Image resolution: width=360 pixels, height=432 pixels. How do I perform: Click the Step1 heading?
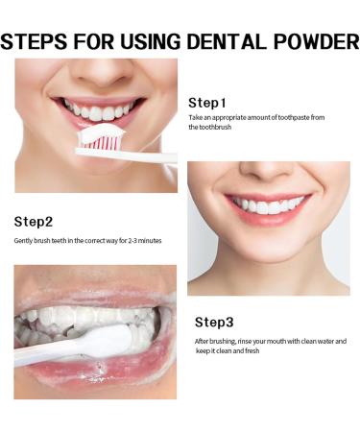[x=207, y=103]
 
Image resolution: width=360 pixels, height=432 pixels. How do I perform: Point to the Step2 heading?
[x=34, y=222]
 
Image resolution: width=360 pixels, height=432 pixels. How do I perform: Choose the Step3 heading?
[x=214, y=322]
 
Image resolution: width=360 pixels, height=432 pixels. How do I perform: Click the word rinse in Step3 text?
[x=247, y=341]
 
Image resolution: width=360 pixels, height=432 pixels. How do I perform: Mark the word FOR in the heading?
[x=114, y=41]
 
